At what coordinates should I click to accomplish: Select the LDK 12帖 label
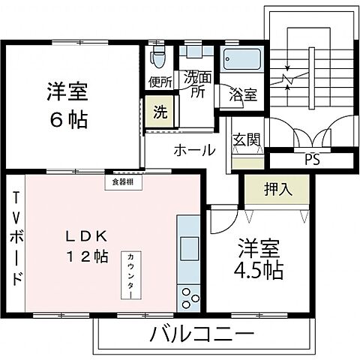[83, 245]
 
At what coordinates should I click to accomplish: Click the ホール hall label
[195, 150]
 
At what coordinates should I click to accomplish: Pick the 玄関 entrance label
[246, 139]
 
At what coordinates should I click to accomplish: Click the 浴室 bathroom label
[243, 95]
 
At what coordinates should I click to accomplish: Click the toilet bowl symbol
[157, 56]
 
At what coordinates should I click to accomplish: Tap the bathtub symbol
[241, 61]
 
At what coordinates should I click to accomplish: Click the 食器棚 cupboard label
[115, 180]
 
